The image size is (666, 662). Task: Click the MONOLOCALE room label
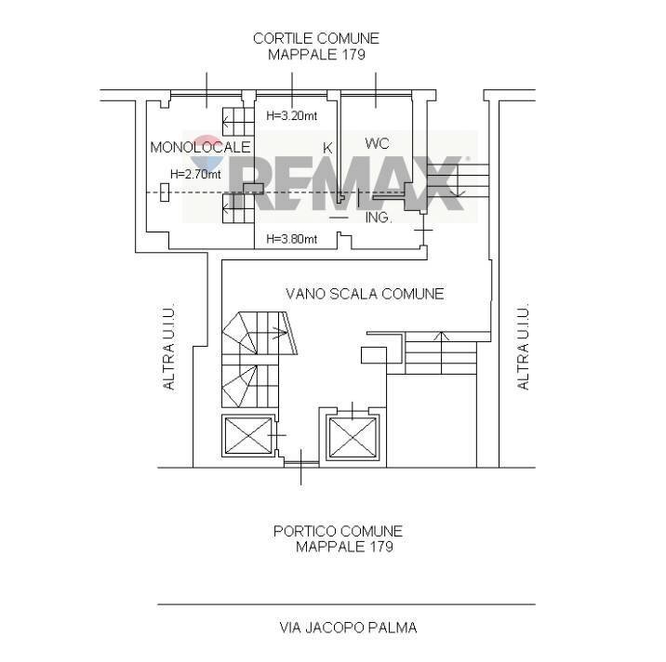tap(200, 147)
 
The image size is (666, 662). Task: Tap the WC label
tap(377, 143)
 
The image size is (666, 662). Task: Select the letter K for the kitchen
tap(327, 148)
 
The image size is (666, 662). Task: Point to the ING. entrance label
tap(378, 218)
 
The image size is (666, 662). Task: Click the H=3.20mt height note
tap(291, 115)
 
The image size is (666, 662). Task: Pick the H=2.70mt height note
tap(195, 174)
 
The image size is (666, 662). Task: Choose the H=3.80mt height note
tap(291, 239)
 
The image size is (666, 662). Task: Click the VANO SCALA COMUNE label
tap(365, 294)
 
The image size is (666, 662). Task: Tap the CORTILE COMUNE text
tap(316, 39)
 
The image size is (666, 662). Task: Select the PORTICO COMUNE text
tap(338, 531)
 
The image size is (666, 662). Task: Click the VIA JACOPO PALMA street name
tap(348, 628)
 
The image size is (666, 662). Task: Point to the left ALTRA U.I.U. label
tap(168, 347)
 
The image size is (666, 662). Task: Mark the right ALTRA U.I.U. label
tap(523, 347)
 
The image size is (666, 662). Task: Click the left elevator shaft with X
tap(248, 436)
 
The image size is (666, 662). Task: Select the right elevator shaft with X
tap(353, 438)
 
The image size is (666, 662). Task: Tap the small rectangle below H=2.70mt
tap(165, 192)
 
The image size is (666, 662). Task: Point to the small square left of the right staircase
tap(374, 355)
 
